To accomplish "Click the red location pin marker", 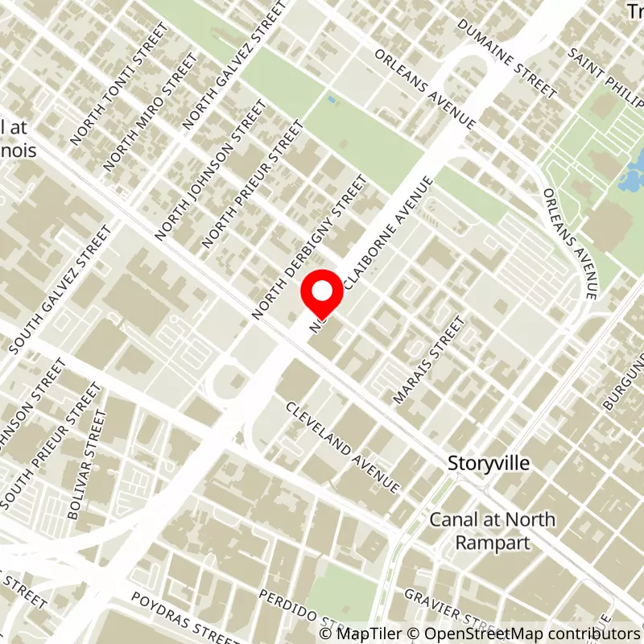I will pyautogui.click(x=322, y=295).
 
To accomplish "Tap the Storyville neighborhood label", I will pyautogui.click(x=489, y=464).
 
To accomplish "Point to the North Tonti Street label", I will pyautogui.click(x=119, y=84).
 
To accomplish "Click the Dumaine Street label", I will pyautogui.click(x=506, y=56).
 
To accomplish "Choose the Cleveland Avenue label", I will pyautogui.click(x=343, y=447).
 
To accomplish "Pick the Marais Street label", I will pyautogui.click(x=428, y=360).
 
